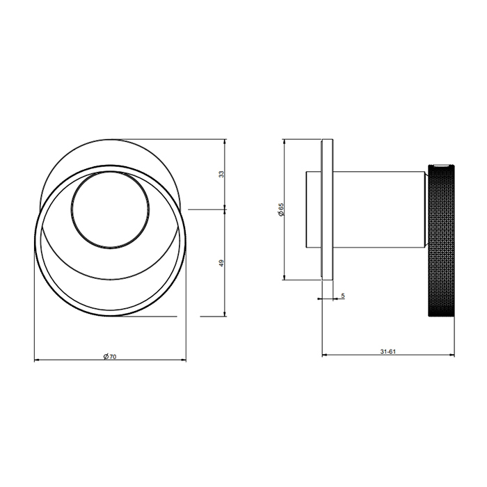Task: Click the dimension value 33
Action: (221, 175)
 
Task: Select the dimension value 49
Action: (221, 262)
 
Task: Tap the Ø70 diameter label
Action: (109, 356)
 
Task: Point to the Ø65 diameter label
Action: (280, 209)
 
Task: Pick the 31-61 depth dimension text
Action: (388, 351)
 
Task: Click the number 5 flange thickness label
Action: (343, 296)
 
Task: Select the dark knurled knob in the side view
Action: (440, 239)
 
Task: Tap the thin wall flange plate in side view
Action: (327, 209)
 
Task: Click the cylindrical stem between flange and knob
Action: (379, 209)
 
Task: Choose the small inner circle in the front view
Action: (111, 209)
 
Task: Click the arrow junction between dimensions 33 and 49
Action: (225, 209)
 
